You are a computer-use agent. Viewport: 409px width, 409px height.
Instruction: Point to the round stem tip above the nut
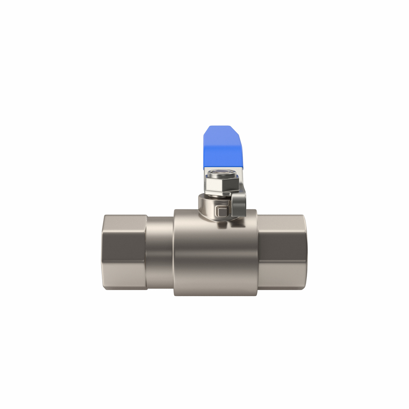(x=223, y=173)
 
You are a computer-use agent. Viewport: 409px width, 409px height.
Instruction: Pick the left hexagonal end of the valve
(x=124, y=252)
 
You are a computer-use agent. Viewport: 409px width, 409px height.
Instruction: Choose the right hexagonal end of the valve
(x=282, y=252)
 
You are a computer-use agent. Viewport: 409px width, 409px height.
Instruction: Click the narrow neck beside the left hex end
(x=160, y=252)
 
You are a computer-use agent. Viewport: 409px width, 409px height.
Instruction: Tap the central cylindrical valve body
(x=215, y=258)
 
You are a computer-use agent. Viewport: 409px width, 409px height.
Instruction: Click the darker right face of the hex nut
(x=232, y=185)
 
